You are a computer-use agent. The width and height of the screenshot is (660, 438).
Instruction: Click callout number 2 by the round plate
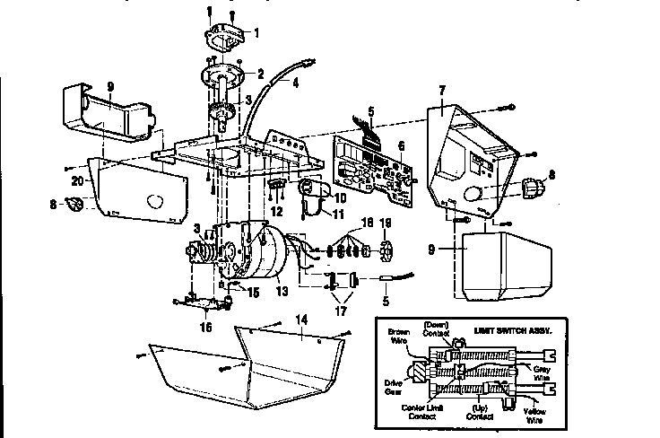(260, 74)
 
